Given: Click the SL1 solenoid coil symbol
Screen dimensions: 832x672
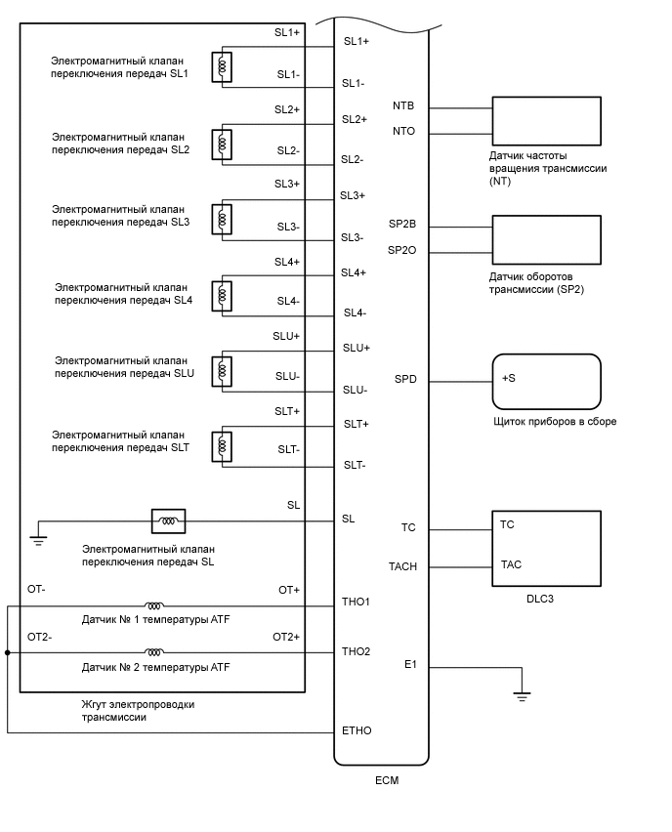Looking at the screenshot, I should [225, 66].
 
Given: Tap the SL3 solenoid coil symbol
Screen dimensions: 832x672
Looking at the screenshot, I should [225, 218].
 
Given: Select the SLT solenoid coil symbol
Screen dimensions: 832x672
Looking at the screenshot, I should [225, 445].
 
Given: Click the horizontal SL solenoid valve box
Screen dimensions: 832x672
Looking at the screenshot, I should [168, 520].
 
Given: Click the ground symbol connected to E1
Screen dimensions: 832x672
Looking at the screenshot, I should [522, 696].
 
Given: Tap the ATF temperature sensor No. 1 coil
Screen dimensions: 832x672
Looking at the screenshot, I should [154, 605].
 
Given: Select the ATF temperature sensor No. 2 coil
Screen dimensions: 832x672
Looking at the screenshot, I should [154, 651].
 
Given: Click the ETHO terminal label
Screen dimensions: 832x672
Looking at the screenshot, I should [356, 730].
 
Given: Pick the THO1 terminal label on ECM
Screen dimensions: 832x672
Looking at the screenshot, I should [356, 601].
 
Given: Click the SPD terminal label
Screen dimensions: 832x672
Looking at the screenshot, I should [405, 379].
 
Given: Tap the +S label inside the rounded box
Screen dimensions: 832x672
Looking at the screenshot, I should [509, 378].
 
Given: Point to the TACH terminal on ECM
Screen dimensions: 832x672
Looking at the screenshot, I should [402, 566].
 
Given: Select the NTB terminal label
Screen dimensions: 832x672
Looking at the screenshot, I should [404, 105].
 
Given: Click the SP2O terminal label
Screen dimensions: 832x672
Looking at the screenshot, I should [402, 251].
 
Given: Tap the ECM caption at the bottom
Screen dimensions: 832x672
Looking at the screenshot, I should [387, 780].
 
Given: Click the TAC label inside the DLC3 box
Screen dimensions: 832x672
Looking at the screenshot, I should [510, 564].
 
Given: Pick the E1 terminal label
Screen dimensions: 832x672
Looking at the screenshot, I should [410, 665].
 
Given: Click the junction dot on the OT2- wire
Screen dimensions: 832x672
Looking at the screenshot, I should [8, 651].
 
